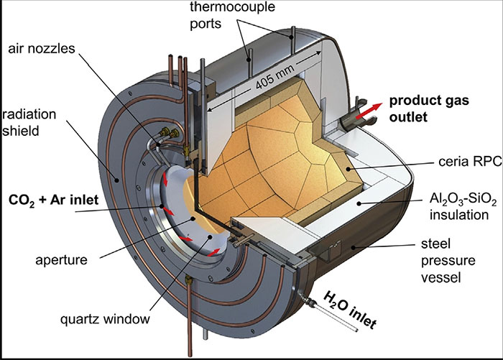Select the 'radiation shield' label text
24,123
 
